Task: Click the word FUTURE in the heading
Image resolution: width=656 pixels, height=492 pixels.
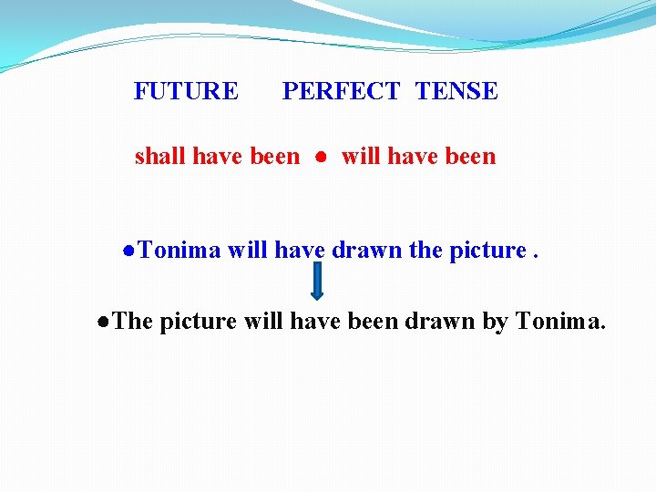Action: click(x=186, y=91)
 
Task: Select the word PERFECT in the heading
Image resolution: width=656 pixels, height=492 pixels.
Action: click(x=341, y=91)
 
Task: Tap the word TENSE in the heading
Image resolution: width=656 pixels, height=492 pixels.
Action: click(x=456, y=91)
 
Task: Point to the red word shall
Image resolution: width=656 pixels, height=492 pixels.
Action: click(x=159, y=157)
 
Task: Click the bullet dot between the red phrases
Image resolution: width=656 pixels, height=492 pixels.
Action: click(x=321, y=158)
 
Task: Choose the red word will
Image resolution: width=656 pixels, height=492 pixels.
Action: click(x=361, y=157)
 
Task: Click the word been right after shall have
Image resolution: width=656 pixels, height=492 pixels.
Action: click(x=274, y=157)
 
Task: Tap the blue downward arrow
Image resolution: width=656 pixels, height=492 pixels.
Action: click(x=317, y=281)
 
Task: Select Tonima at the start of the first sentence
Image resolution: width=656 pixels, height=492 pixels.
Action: click(x=180, y=250)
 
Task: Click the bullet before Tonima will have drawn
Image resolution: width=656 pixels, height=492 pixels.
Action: click(x=130, y=251)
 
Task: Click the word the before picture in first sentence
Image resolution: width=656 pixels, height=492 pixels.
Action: click(x=425, y=250)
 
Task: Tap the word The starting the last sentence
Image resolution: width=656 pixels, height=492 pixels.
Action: click(x=134, y=321)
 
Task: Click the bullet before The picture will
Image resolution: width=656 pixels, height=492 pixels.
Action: click(x=106, y=322)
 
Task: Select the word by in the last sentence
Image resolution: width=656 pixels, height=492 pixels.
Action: click(x=495, y=322)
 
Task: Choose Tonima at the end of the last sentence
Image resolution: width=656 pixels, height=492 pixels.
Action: click(x=560, y=321)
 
